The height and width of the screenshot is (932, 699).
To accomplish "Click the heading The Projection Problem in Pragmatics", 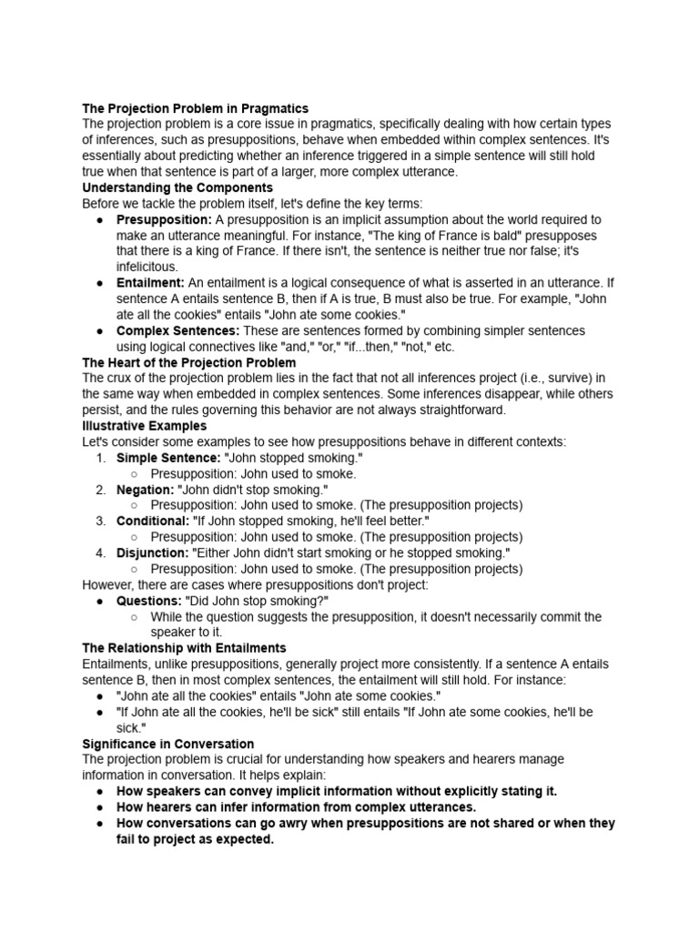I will coord(195,108).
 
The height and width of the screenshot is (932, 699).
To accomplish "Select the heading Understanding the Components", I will coord(177,187).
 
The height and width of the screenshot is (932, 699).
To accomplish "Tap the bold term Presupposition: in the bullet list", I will coord(164,219).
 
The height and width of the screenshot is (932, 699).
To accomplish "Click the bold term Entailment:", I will coord(150,283).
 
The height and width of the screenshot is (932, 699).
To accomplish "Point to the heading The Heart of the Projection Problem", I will coord(188,362).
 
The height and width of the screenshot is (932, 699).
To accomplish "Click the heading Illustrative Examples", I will coord(144,426).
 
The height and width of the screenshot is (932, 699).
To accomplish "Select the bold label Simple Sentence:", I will coord(168,458).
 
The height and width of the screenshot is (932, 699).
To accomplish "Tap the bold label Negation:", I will coord(145,490).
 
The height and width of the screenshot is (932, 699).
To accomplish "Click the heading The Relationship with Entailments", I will coord(184,648).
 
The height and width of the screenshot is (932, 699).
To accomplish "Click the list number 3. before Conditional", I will coord(101,521).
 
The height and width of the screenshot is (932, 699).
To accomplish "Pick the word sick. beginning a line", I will coord(130,727).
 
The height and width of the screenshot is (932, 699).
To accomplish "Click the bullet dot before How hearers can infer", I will coord(98,806).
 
